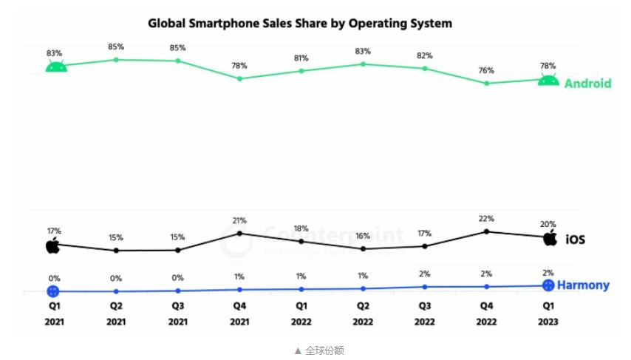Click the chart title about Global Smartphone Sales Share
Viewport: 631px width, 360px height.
coord(299,24)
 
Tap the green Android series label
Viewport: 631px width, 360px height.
coord(587,84)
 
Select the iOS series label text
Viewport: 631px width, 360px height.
coord(576,240)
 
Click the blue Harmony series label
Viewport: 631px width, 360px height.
coord(583,285)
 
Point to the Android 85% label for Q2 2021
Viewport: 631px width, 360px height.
coord(116,47)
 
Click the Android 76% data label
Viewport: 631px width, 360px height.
coord(486,71)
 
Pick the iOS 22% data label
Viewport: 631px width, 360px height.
coord(486,219)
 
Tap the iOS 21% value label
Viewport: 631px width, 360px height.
coord(239,220)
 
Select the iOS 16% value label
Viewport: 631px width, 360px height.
coord(363,236)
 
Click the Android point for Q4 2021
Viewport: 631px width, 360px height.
coord(239,78)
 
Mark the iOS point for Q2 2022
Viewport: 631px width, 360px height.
coord(363,249)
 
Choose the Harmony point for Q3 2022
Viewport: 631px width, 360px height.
coord(425,287)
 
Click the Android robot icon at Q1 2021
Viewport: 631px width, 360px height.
coord(56,67)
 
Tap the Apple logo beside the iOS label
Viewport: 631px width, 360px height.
coord(550,238)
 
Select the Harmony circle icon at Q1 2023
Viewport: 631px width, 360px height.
coord(548,285)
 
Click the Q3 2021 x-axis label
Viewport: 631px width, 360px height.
coord(178,313)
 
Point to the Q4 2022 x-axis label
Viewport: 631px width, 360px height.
coord(486,313)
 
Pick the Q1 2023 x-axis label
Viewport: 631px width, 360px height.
coord(548,313)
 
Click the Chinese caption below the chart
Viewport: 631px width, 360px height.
coord(319,350)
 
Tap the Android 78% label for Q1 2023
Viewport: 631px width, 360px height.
coord(548,67)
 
